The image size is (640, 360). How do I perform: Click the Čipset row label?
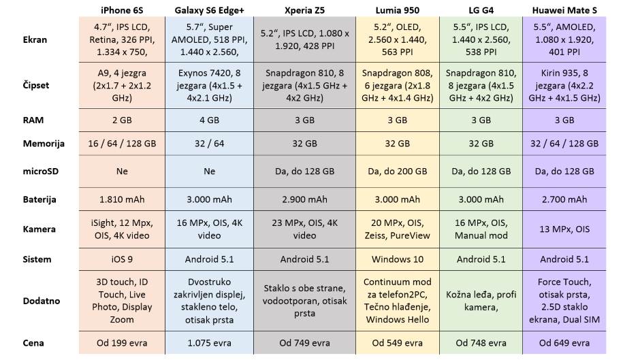pyautogui.click(x=35, y=86)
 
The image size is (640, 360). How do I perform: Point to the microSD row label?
pyautogui.click(x=39, y=171)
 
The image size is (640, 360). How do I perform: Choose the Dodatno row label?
pyautogui.click(x=41, y=301)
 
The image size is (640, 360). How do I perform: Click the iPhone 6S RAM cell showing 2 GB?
pyautogui.click(x=122, y=120)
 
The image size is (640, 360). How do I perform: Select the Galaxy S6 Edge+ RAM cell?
pyautogui.click(x=209, y=120)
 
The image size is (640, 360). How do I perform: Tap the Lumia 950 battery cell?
pyautogui.click(x=398, y=199)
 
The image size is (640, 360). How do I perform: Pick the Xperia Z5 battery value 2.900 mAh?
pyautogui.click(x=305, y=199)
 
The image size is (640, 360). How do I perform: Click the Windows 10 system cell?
pyautogui.click(x=398, y=259)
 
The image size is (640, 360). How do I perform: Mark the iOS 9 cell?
pyautogui.click(x=122, y=259)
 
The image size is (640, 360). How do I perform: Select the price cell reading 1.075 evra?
pyautogui.click(x=209, y=342)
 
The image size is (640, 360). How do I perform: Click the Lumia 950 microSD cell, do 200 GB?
pyautogui.click(x=398, y=171)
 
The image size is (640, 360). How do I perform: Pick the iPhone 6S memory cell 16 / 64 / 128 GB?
pyautogui.click(x=122, y=144)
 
